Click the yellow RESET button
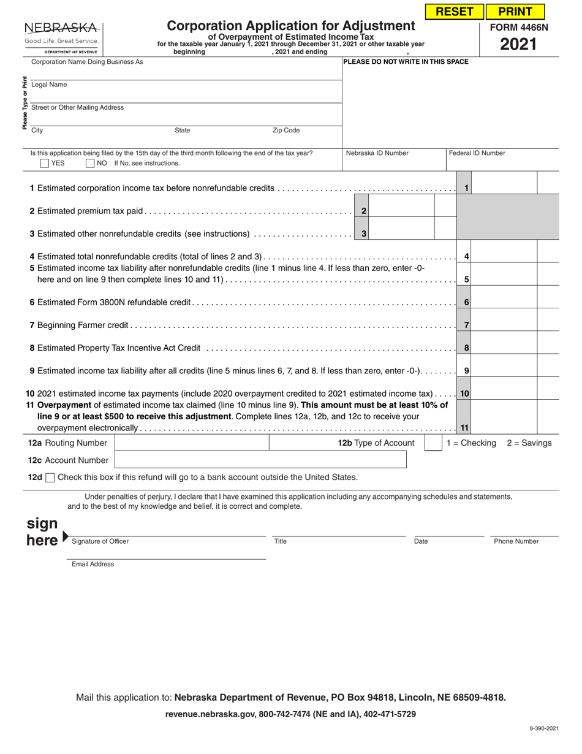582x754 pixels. [454, 12]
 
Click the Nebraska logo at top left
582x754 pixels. [61, 36]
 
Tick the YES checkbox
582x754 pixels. [45, 164]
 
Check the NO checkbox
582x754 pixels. [90, 164]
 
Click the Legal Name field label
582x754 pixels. [49, 85]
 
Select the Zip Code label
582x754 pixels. [286, 131]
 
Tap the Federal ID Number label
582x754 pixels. [477, 153]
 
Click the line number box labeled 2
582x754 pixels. [364, 211]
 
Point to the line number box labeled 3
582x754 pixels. [364, 234]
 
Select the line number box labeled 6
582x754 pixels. [466, 302]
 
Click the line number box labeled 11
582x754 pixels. [464, 427]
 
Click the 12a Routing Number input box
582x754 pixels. [192, 443]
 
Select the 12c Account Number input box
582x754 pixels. [260, 460]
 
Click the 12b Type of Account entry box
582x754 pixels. [433, 443]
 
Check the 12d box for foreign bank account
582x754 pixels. [50, 478]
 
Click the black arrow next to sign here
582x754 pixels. [66, 537]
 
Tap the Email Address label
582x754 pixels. [93, 564]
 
